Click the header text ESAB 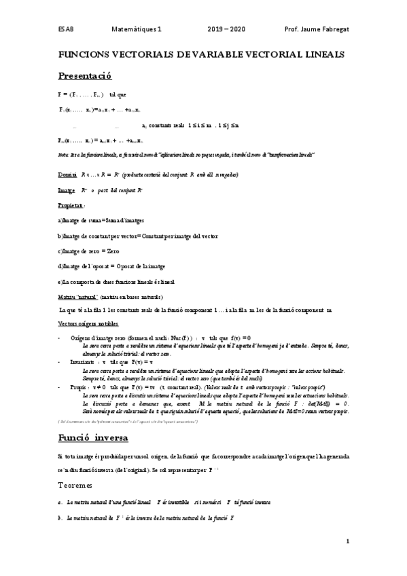coord(66,30)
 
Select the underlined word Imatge coord(67,191)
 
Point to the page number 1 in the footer coord(347,541)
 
